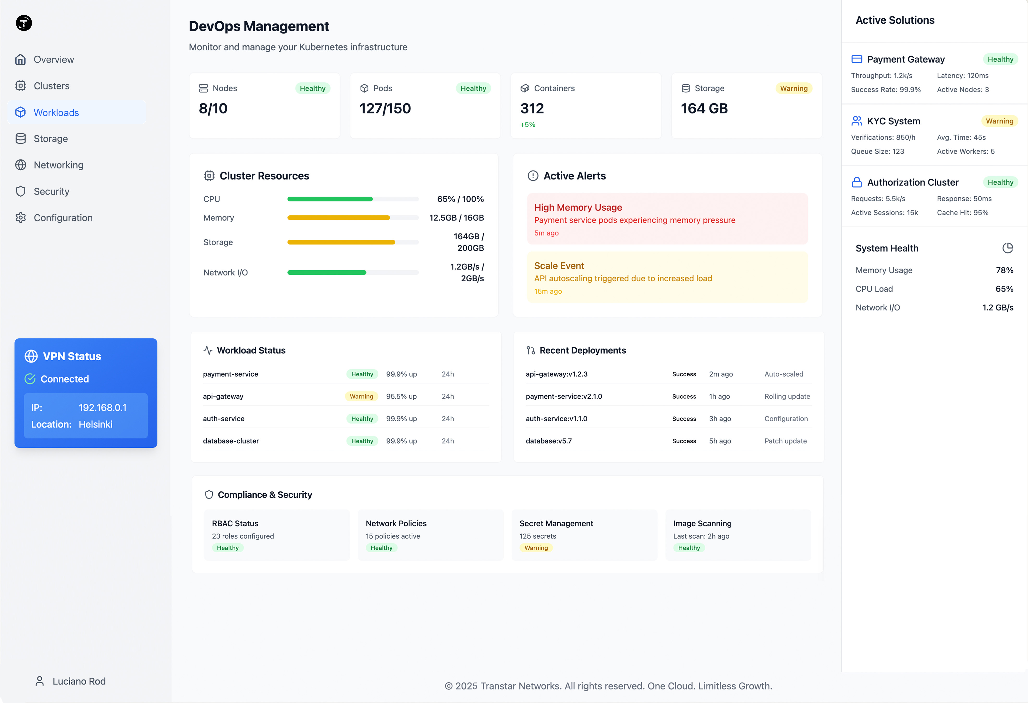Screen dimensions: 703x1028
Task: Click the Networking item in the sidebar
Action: [x=58, y=165]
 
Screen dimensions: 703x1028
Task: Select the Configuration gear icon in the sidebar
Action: [x=20, y=218]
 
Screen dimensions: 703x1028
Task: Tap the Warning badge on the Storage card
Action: [x=794, y=88]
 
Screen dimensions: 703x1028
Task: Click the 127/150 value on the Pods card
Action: [x=385, y=108]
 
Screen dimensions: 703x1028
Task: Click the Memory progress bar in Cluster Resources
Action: [x=353, y=218]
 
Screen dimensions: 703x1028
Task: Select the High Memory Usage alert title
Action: [x=578, y=208]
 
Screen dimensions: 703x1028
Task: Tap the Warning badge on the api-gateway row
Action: [x=362, y=396]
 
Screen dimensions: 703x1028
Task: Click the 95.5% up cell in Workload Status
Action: [x=401, y=396]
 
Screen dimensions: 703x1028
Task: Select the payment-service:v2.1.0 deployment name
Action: [x=564, y=396]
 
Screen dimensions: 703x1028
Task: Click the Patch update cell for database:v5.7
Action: [x=785, y=441]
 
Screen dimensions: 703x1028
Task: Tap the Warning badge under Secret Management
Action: [x=536, y=548]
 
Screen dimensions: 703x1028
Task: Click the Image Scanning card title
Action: [x=702, y=523]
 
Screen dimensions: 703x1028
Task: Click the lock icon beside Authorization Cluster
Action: [x=856, y=182]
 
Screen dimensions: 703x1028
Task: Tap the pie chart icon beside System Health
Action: [x=1007, y=248]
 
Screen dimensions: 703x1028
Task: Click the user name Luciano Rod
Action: [x=79, y=681]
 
